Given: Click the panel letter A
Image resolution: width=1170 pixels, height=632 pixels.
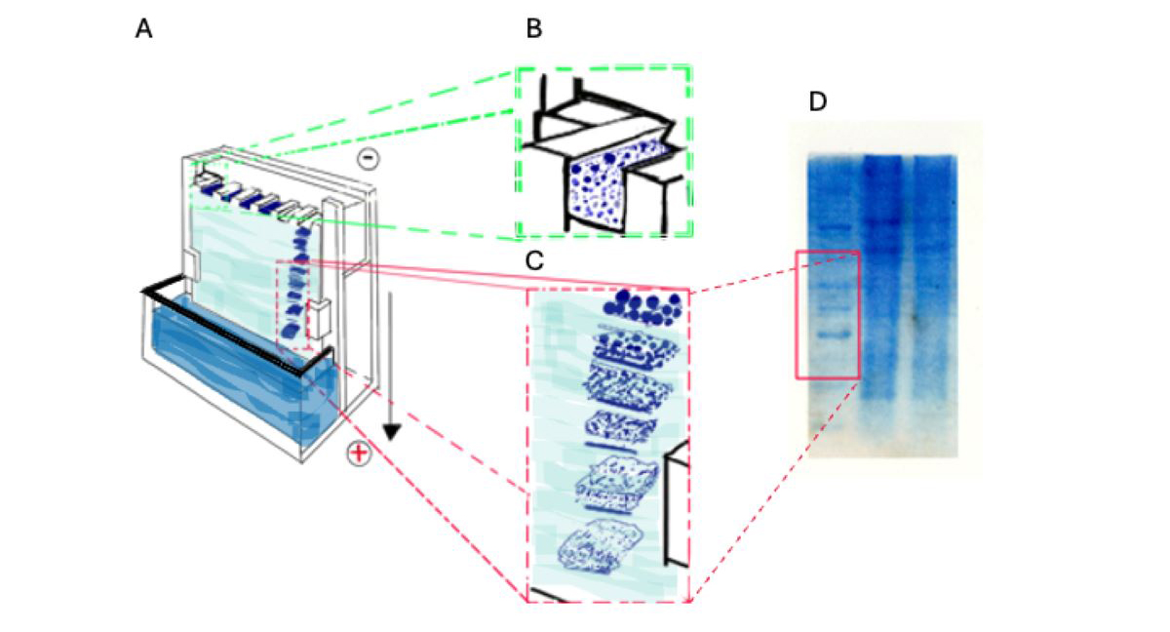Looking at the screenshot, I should click(x=143, y=30).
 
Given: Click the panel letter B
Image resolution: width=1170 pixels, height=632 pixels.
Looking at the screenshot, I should click(x=533, y=29).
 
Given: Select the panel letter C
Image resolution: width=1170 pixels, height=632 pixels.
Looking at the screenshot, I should click(x=533, y=261).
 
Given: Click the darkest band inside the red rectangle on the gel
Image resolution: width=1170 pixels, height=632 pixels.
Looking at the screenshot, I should click(x=828, y=334).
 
